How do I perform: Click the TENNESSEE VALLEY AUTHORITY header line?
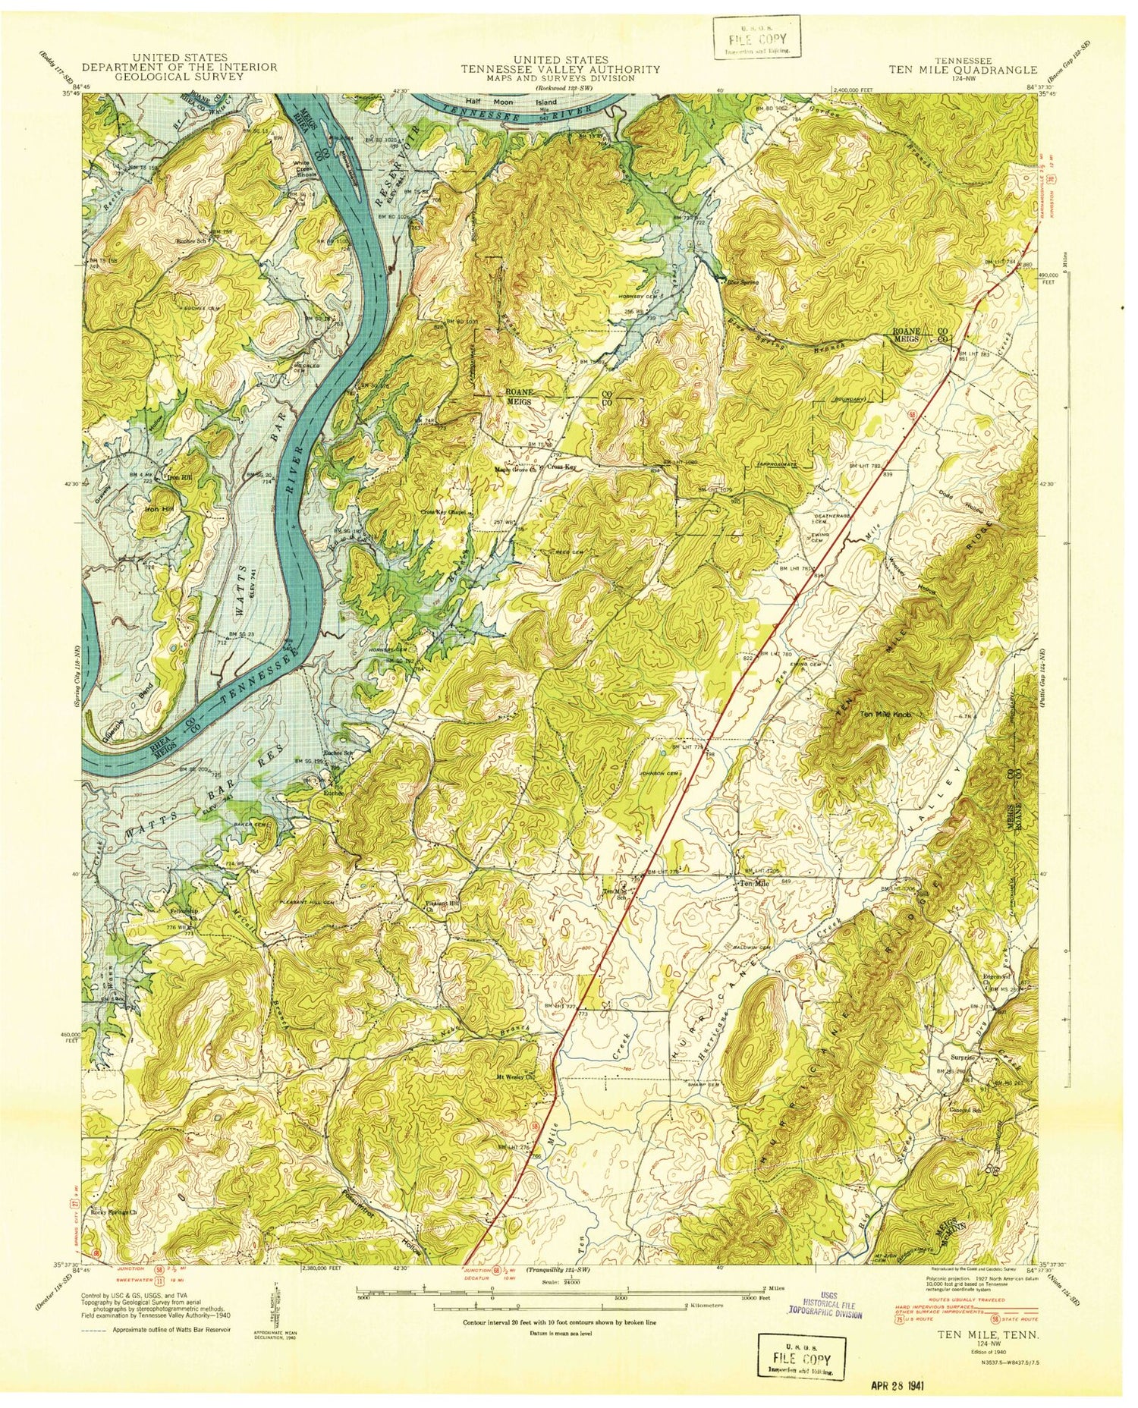(x=561, y=69)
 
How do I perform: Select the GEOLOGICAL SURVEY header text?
(x=179, y=77)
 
